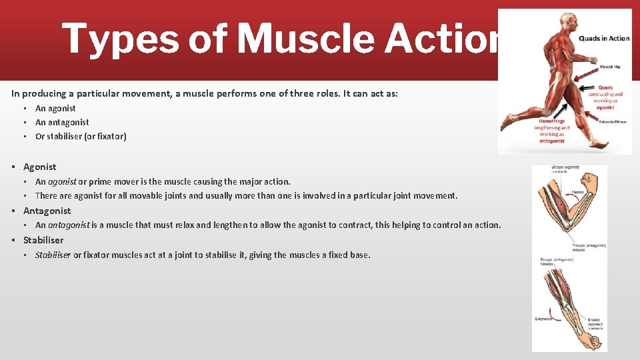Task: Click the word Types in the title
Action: point(119,39)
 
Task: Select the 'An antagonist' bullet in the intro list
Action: point(62,122)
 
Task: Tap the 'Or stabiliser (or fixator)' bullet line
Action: point(81,137)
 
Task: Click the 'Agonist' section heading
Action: point(40,167)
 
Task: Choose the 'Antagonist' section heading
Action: point(47,211)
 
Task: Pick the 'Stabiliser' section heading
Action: point(43,240)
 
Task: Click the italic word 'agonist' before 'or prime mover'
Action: point(62,181)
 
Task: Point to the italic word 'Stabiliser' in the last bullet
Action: point(53,255)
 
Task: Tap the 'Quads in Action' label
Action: point(603,38)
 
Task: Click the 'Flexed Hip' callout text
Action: point(609,67)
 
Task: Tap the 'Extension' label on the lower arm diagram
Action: point(543,319)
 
